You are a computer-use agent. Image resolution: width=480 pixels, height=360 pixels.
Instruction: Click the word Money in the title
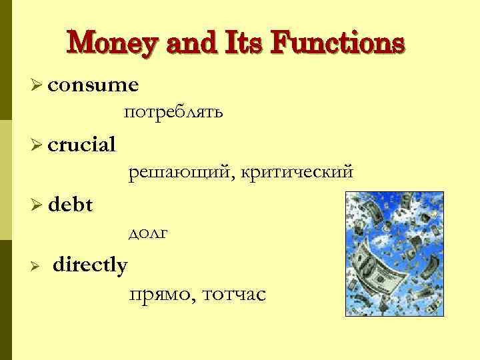[x=109, y=44]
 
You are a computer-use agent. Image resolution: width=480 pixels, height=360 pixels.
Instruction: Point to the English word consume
[x=93, y=85]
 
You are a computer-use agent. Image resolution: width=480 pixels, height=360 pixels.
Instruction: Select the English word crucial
[x=81, y=144]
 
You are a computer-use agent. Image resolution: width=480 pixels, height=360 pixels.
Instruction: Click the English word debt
[x=70, y=205]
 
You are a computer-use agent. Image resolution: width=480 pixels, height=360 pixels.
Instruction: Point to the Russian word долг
[x=147, y=233]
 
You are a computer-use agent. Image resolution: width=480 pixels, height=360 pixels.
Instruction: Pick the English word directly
[x=90, y=265]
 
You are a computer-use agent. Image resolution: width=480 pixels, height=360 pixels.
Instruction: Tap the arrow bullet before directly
[x=37, y=266]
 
